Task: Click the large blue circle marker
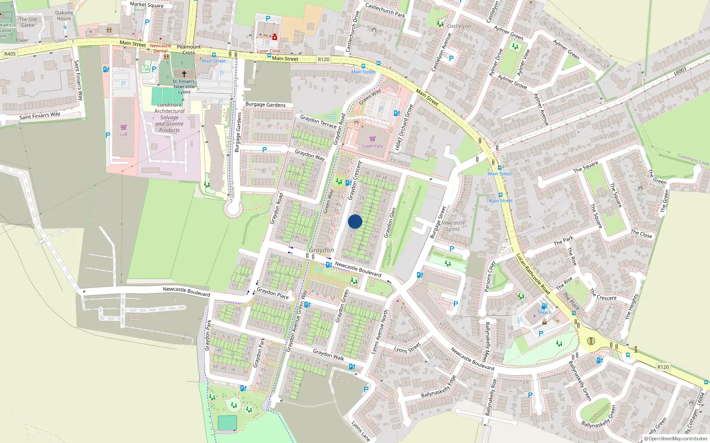355,221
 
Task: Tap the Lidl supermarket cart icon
123,127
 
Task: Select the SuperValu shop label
372,146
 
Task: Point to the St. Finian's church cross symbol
184,74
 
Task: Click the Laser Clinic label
269,51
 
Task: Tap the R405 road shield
10,54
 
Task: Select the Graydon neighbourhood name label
321,250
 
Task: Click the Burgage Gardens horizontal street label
265,105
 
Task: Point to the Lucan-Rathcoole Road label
533,274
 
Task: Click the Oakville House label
64,16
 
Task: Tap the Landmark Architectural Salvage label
170,117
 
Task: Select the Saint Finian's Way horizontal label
39,116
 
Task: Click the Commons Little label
693,159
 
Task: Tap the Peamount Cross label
189,50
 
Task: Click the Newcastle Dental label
160,48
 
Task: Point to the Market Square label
146,5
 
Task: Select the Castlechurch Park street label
385,10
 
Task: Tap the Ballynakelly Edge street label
438,387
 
